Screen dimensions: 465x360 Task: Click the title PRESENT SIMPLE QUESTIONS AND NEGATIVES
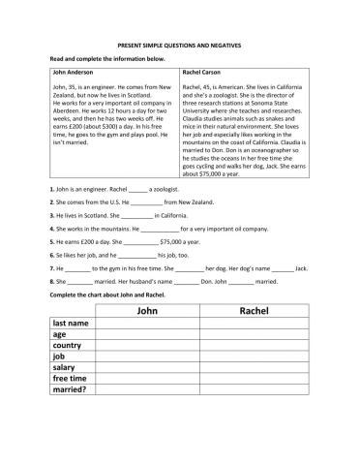pos(179,45)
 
